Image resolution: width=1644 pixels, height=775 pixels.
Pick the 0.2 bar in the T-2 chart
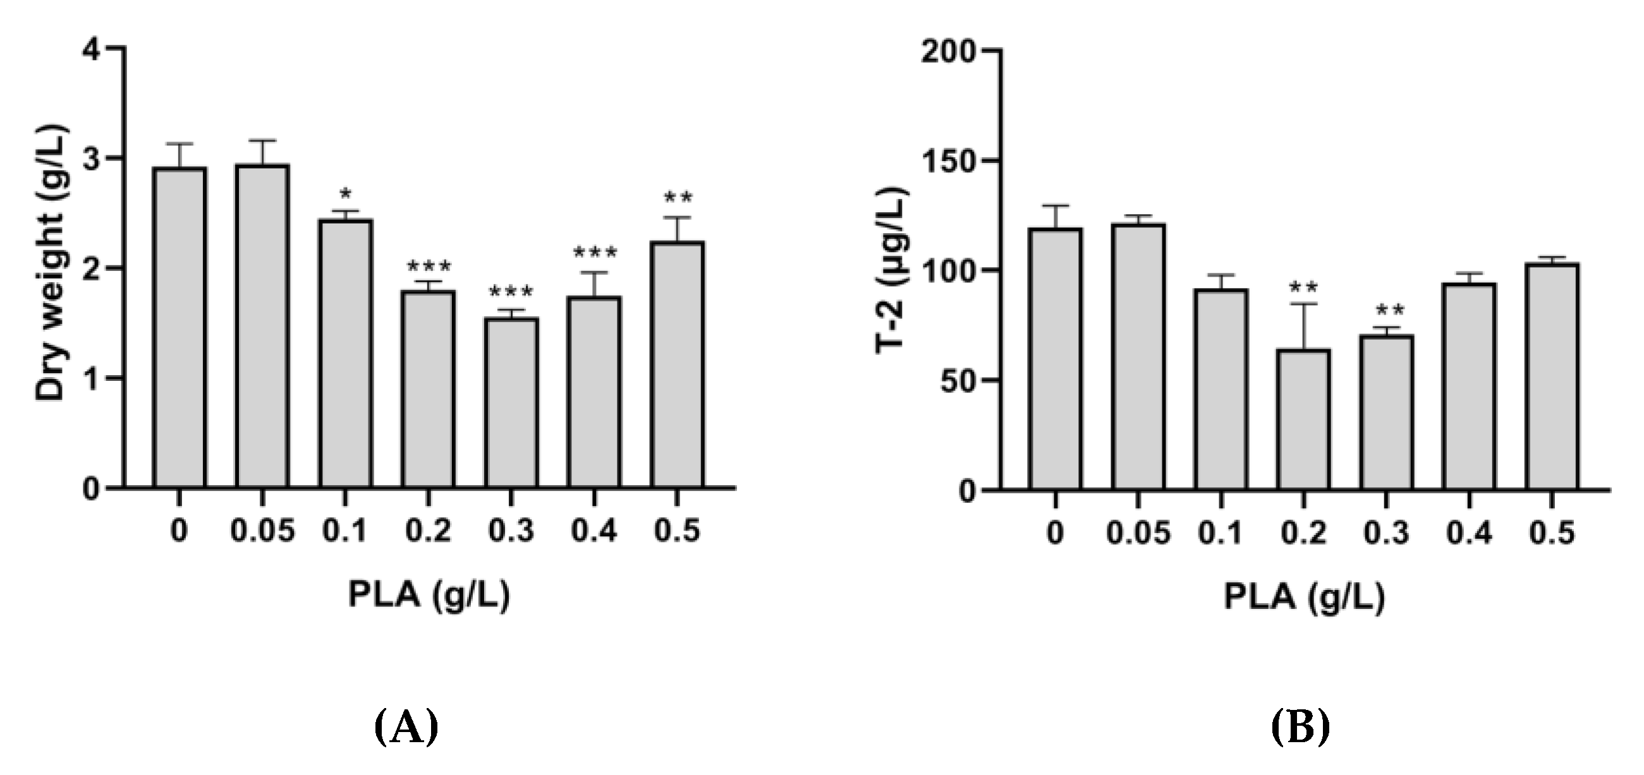(1304, 419)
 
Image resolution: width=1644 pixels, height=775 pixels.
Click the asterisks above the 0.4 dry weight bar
(595, 253)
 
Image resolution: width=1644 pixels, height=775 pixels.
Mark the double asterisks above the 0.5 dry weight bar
(678, 198)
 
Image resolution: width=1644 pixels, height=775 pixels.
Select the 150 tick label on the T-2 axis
(949, 160)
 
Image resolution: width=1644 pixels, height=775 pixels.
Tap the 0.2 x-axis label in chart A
(429, 531)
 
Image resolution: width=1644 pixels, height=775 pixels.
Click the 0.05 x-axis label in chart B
(1138, 532)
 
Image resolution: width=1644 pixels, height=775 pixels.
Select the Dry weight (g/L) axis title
(51, 262)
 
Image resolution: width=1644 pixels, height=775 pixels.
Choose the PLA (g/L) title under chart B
(1304, 598)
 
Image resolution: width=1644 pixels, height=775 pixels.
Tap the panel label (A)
(406, 727)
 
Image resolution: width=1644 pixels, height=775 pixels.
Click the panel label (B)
(1300, 727)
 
